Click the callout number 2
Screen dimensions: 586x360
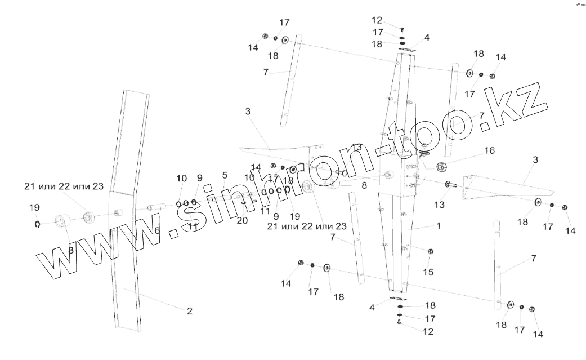point(190,310)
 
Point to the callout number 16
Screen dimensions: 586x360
point(489,150)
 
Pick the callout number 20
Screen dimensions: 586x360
point(242,220)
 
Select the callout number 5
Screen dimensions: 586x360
point(224,175)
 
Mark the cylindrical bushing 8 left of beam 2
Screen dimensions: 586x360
point(61,220)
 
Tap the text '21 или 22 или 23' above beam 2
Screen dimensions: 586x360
point(64,186)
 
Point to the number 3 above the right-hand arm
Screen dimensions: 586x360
point(535,160)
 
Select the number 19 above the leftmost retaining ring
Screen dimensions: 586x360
point(35,207)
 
